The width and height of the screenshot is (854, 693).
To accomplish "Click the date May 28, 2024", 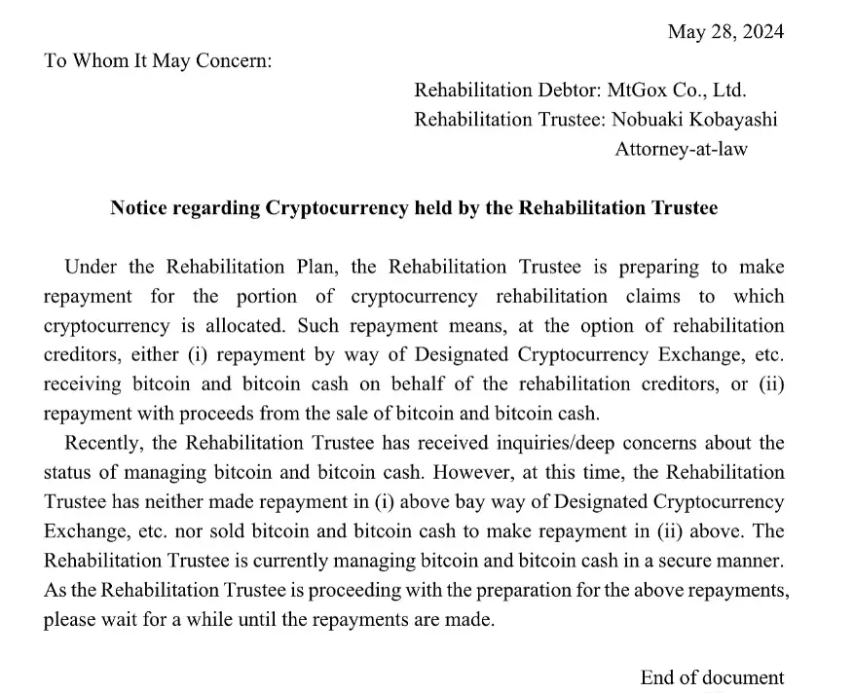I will pyautogui.click(x=724, y=31).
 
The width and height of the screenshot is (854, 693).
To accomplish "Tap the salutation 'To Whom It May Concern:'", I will pyautogui.click(x=158, y=60).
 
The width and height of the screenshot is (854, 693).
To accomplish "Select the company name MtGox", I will pyautogui.click(x=638, y=91).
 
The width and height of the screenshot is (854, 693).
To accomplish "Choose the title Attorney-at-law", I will pyautogui.click(x=681, y=149).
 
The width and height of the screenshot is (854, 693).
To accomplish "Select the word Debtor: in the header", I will pyautogui.click(x=569, y=91).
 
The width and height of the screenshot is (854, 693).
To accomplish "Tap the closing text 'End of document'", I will pyautogui.click(x=711, y=677).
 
